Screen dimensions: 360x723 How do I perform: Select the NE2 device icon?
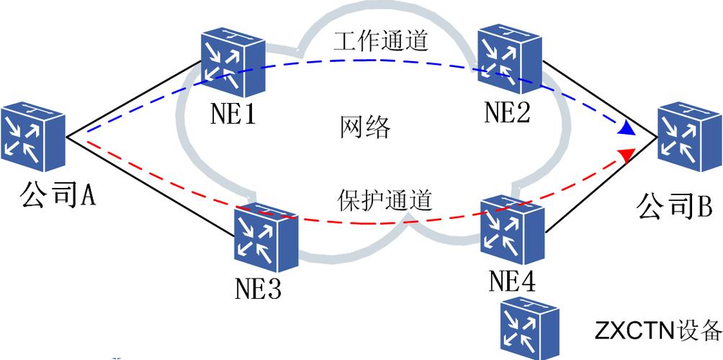508,60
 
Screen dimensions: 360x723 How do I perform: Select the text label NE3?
258,289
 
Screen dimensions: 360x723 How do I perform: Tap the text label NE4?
512,281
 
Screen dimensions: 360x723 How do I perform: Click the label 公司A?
58,194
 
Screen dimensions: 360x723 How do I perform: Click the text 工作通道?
381,41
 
